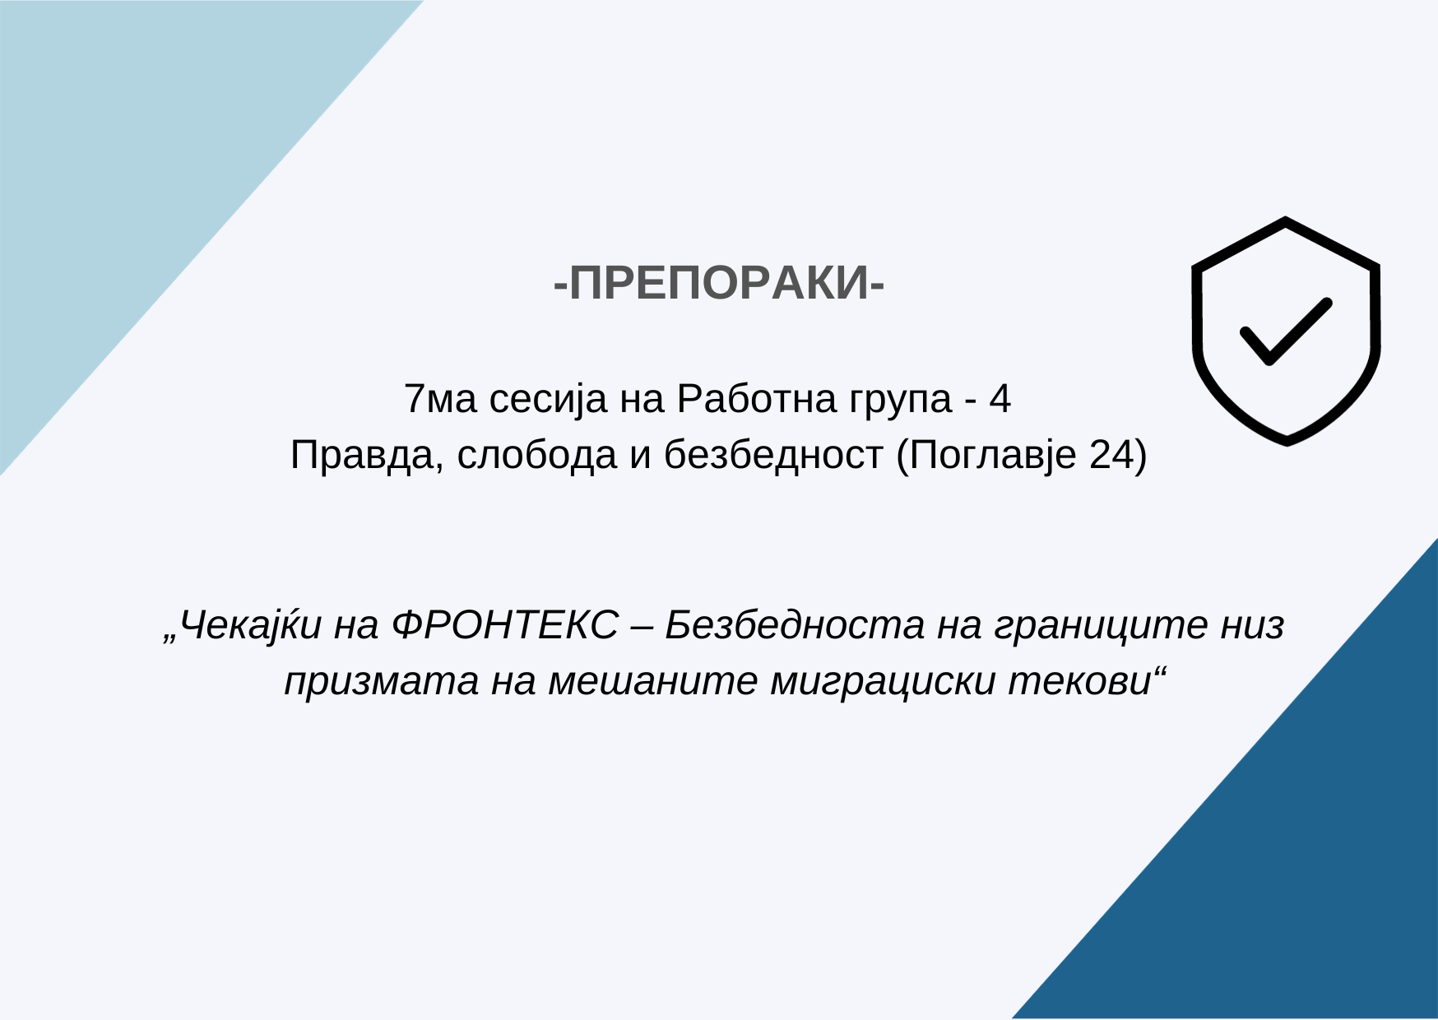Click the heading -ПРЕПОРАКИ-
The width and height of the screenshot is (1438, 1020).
click(x=719, y=285)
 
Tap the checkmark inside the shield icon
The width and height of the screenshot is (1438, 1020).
click(x=1284, y=331)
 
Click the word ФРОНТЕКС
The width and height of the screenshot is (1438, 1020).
click(x=505, y=625)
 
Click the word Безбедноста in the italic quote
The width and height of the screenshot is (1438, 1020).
click(x=794, y=625)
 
